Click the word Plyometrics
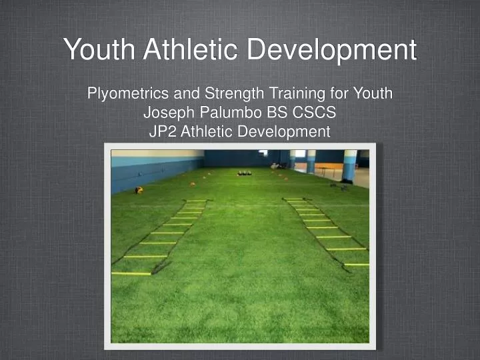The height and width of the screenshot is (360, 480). pyautogui.click(x=126, y=93)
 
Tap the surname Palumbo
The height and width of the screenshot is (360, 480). pyautogui.click(x=227, y=113)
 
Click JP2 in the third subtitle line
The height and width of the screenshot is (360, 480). pyautogui.click(x=160, y=131)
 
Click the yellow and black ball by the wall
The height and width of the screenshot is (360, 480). pyautogui.click(x=139, y=190)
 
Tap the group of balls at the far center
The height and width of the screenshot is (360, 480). pyautogui.click(x=244, y=173)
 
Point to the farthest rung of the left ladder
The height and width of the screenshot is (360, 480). pyautogui.click(x=196, y=201)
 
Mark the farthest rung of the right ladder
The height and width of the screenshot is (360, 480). pyautogui.click(x=294, y=201)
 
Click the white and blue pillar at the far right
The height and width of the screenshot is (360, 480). pyautogui.click(x=349, y=165)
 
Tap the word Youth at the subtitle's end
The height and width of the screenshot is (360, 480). pyautogui.click(x=373, y=93)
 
